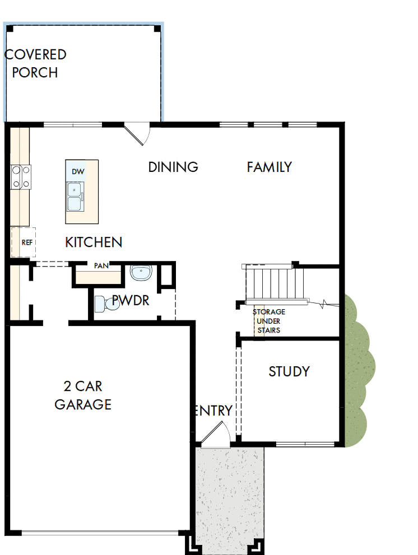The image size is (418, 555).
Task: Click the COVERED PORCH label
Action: [x=35, y=63]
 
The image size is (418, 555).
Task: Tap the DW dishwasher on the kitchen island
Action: [x=77, y=172]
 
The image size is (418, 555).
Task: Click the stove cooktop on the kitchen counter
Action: [x=21, y=176]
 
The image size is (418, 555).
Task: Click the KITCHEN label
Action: [x=94, y=242]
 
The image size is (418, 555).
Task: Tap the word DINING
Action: [x=173, y=167]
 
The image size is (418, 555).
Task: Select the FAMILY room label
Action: [x=269, y=167]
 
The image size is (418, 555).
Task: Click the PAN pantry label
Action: [x=101, y=265]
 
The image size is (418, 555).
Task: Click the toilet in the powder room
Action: [x=101, y=304]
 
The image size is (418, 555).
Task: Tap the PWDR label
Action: [x=131, y=300]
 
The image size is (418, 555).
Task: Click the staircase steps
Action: [x=271, y=283]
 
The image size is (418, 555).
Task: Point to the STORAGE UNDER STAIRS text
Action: [x=268, y=321]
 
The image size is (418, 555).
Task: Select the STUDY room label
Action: [x=289, y=372]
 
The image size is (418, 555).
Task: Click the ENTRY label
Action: [x=213, y=411]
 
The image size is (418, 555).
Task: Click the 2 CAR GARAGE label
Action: [x=83, y=395]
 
